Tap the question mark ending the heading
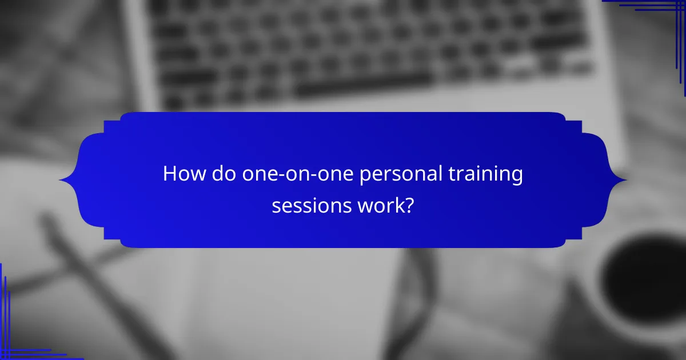click(409, 205)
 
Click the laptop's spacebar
click(366, 86)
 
